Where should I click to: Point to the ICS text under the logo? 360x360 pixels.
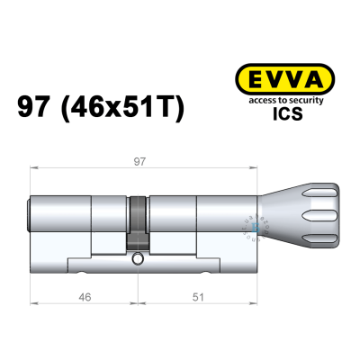point(284,114)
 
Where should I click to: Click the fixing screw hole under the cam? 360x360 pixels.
point(137,259)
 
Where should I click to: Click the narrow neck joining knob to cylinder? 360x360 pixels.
point(257,216)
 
